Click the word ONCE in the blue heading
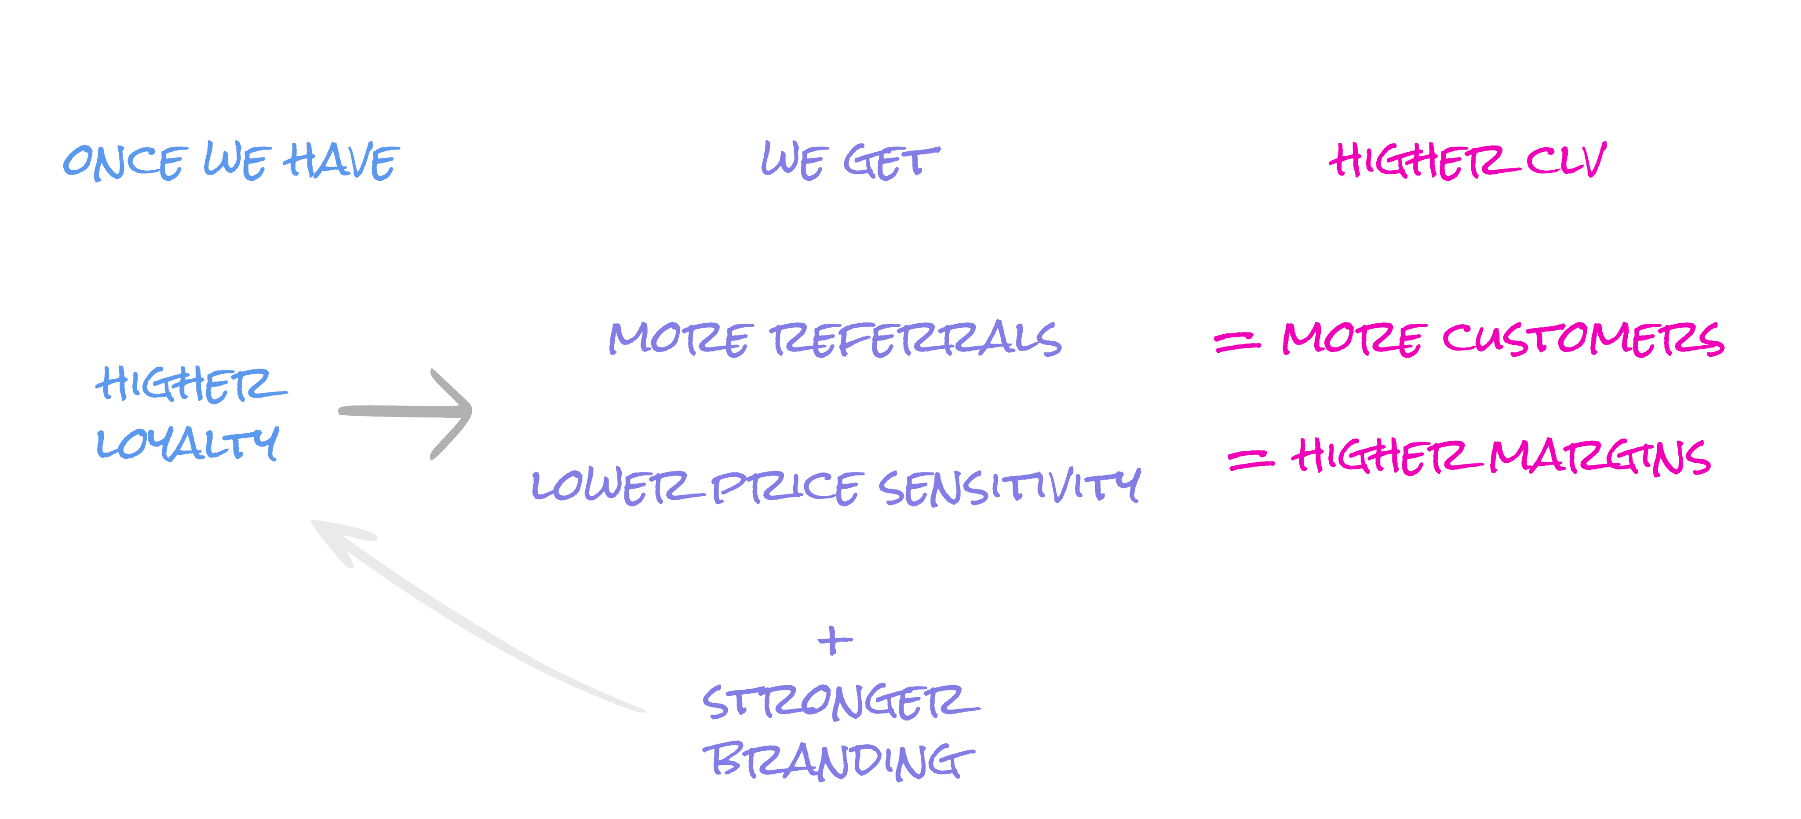click(x=124, y=163)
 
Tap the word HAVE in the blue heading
click(x=341, y=161)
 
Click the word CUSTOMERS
click(x=1583, y=339)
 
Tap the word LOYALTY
click(x=187, y=444)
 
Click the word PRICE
click(x=784, y=487)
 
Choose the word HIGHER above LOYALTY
click(x=190, y=385)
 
